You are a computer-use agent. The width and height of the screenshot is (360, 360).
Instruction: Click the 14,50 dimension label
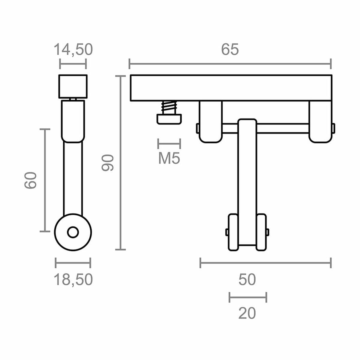73,49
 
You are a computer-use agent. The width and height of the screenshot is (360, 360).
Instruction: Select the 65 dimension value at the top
230,49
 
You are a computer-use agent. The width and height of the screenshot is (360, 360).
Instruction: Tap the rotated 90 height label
107,163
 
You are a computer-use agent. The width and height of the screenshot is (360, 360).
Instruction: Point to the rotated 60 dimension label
31,180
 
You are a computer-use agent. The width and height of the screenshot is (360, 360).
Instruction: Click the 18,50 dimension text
73,280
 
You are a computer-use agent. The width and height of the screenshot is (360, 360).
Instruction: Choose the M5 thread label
169,158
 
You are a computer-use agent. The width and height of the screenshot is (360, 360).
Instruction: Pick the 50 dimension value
247,280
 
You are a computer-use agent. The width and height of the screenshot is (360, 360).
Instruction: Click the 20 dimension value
247,313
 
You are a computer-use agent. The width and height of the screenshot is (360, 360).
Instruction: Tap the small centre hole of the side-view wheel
73,232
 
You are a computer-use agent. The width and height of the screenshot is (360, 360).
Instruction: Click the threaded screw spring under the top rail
169,107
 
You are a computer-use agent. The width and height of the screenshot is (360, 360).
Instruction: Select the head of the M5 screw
169,119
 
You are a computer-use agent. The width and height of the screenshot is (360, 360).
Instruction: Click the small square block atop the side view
73,86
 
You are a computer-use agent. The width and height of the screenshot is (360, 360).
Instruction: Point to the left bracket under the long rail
210,121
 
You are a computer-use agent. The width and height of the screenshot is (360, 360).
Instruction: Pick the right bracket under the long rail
320,121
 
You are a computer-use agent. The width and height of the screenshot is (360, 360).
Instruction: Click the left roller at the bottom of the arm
233,232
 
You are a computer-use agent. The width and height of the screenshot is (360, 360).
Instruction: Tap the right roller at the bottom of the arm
261,232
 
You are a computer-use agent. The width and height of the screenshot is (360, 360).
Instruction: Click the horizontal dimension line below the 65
230,64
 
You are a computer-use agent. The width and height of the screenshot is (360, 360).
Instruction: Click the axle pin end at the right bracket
333,128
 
